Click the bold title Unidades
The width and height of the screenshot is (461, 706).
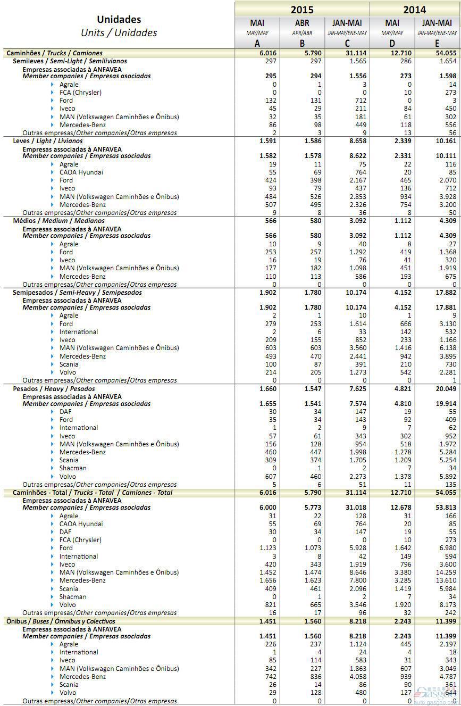pos(119,20)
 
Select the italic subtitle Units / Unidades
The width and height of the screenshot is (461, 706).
pos(119,32)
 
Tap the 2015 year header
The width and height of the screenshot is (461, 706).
pos(301,9)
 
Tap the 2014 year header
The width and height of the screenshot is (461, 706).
pos(414,9)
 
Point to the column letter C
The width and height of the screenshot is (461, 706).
pos(347,44)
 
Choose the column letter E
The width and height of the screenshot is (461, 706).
pos(437,44)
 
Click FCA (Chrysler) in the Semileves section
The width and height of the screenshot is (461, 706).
pos(80,92)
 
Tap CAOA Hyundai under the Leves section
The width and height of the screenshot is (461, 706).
pos(81,172)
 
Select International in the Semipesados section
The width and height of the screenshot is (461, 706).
pos(78,331)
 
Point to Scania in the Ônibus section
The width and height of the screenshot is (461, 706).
pos(69,684)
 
